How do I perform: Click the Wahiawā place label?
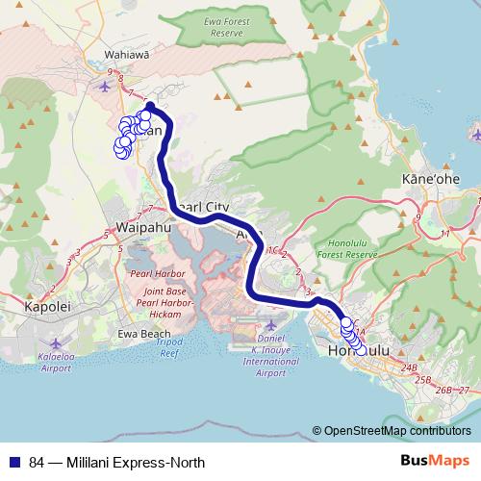pyautogui.click(x=128, y=55)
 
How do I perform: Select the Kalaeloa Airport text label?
pyautogui.click(x=56, y=361)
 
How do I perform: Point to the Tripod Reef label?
pyautogui.click(x=170, y=348)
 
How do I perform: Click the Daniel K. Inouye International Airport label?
pyautogui.click(x=271, y=353)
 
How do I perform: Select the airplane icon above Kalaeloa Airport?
pyautogui.click(x=55, y=342)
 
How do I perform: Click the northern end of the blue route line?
pyautogui.click(x=150, y=106)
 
